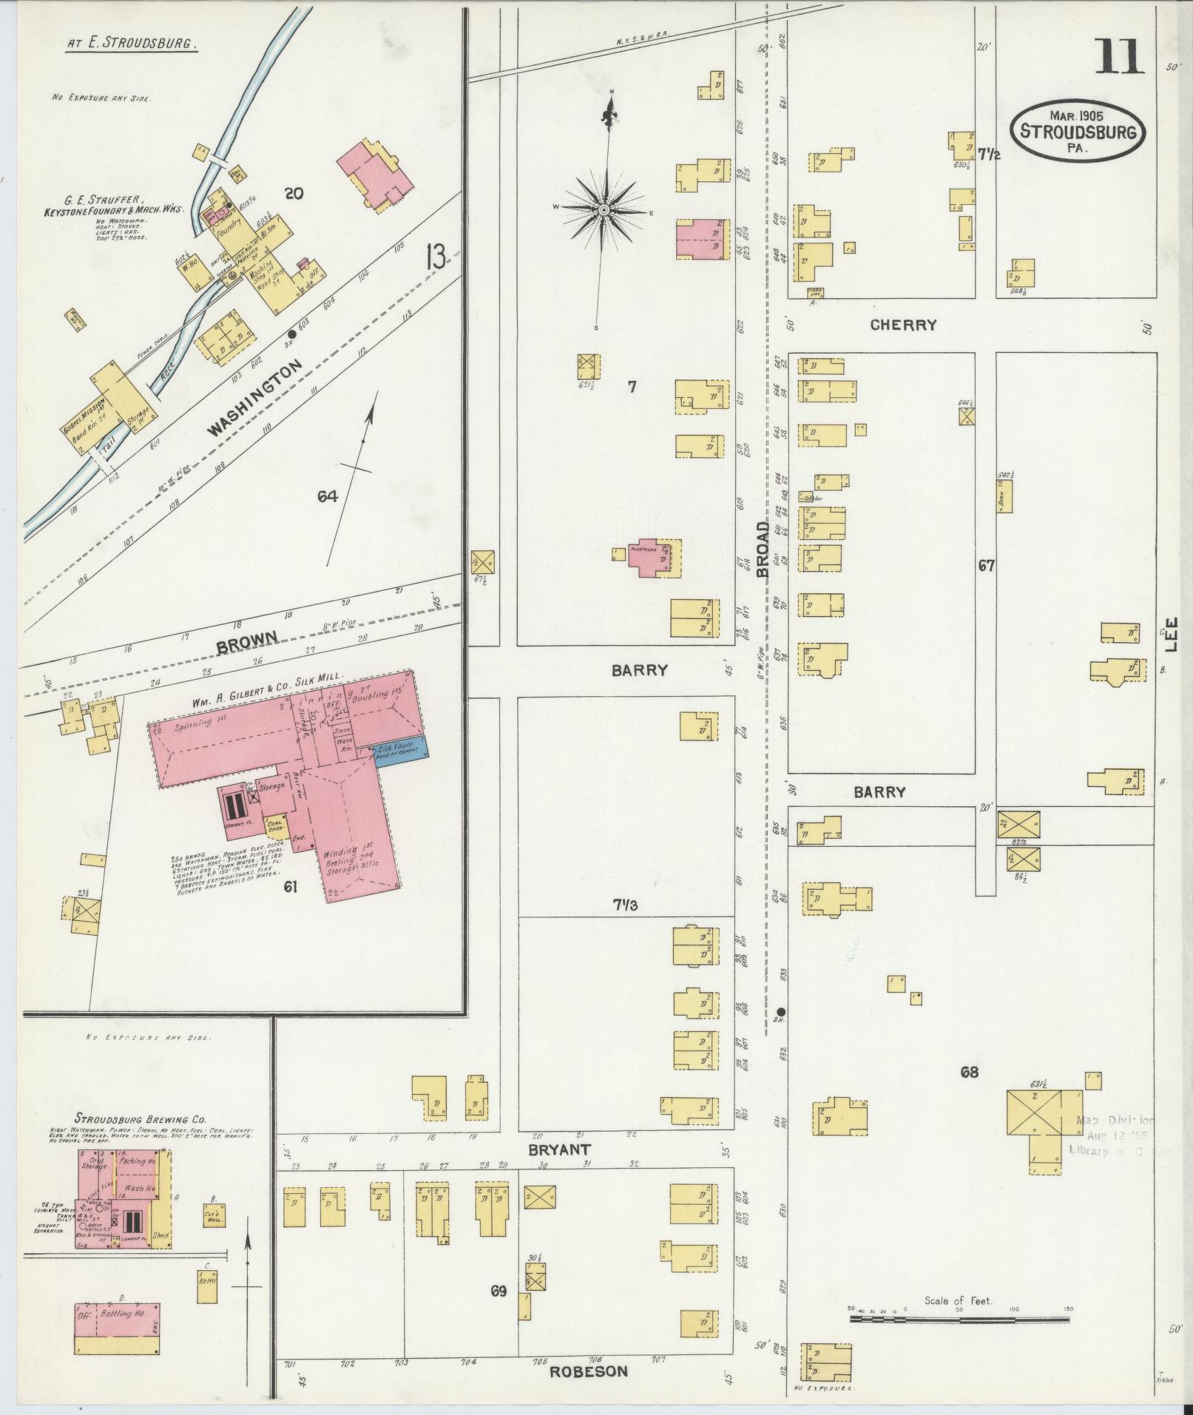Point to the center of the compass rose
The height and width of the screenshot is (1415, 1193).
tap(604, 211)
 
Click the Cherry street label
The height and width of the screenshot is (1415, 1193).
tap(903, 325)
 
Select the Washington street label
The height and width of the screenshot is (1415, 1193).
tap(256, 397)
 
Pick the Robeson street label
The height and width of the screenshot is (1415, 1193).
tap(589, 1371)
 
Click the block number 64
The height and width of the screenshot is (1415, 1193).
tap(328, 496)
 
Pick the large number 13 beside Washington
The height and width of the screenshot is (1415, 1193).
tap(436, 259)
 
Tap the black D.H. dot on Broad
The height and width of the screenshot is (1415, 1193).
tap(782, 1012)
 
